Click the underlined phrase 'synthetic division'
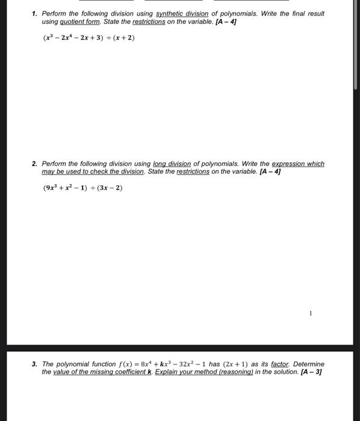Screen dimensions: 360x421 [x=182, y=13]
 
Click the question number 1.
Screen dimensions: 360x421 [x=35, y=13]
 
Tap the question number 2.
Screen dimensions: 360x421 [x=35, y=164]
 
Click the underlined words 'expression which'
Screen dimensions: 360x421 [x=298, y=164]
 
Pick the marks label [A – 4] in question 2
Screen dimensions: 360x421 [x=270, y=171]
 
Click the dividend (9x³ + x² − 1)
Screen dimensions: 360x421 [x=66, y=188]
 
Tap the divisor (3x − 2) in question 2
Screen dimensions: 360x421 [x=110, y=188]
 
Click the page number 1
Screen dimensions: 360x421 [x=311, y=313]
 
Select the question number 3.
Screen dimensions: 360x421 [x=35, y=364]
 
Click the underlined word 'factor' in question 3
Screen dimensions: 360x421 [x=280, y=364]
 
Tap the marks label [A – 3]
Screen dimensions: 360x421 [x=311, y=372]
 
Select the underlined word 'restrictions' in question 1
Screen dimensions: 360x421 [x=148, y=21]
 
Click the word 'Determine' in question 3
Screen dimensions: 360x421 [x=309, y=364]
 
